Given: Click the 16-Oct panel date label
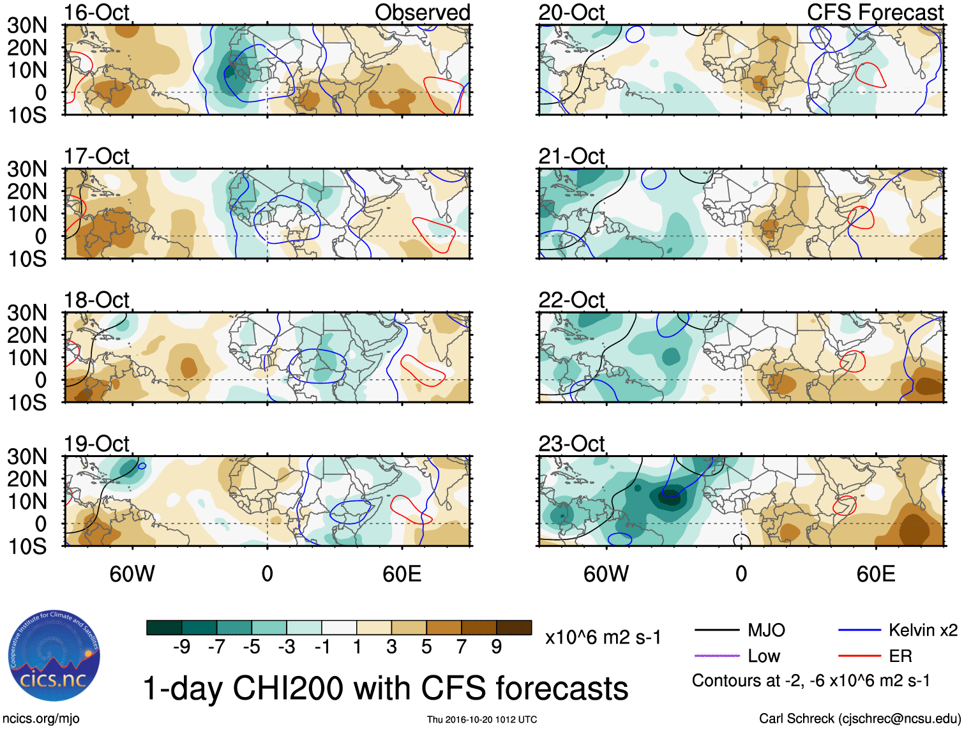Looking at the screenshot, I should point(96,12).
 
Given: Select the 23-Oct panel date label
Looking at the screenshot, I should point(571,443).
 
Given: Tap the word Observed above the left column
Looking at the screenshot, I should point(422,12).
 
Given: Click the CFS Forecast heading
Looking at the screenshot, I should point(875,12).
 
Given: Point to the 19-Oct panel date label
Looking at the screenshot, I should point(96,443).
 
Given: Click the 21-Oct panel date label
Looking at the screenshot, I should point(571,156).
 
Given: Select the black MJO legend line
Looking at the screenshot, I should point(716,631).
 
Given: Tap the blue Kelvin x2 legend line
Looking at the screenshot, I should point(859,631).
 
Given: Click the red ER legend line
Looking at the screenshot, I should point(859,656).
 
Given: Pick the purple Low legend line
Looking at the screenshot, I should point(716,656).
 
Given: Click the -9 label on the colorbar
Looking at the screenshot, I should point(181,647).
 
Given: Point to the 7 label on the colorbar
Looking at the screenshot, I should point(461,647).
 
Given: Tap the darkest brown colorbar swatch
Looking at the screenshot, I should point(514,628).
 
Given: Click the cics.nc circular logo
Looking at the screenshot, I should point(54,656).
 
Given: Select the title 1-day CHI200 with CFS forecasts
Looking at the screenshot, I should point(385,689).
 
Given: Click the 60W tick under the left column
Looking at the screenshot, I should point(132,574).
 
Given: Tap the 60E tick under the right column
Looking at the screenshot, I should point(875,574).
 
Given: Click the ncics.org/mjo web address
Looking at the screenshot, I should point(41,719).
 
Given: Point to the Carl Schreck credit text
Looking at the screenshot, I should point(859,719).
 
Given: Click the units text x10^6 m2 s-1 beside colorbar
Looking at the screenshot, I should point(603,637).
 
